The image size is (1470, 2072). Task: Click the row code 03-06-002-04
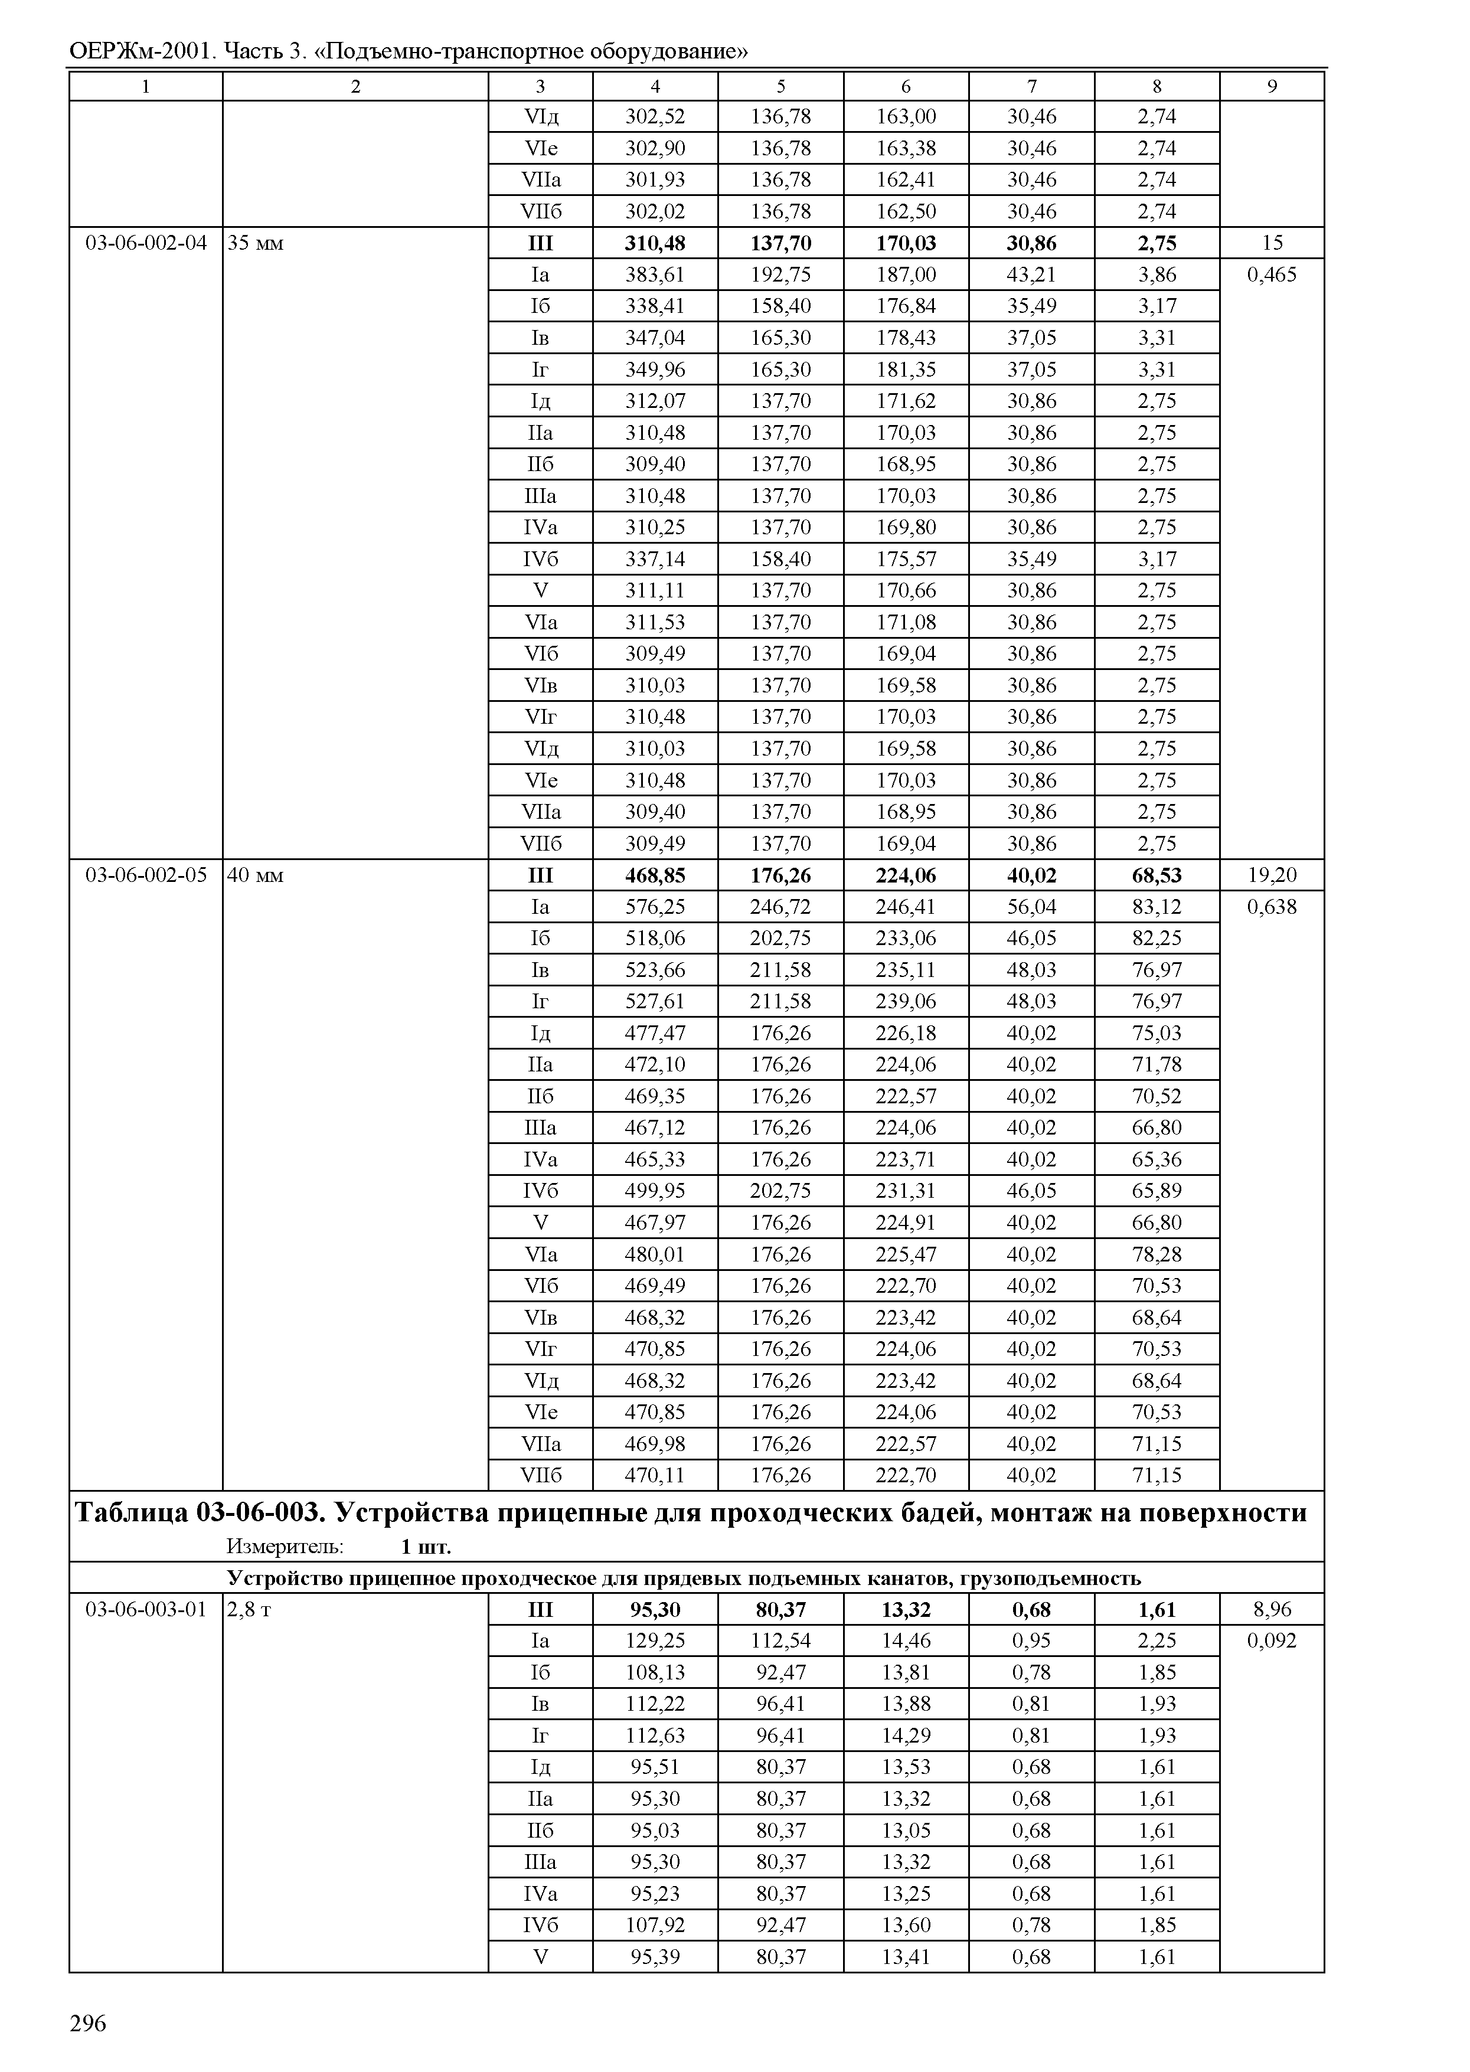[145, 243]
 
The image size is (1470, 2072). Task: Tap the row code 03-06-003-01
[145, 1609]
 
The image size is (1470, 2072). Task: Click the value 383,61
[655, 274]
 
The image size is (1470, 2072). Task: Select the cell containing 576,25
[655, 907]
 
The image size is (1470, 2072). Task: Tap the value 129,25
[655, 1640]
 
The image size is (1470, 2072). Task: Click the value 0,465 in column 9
[1271, 274]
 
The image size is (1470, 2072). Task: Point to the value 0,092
[1271, 1640]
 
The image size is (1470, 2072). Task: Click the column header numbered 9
[1271, 86]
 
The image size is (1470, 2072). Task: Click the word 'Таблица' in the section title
[130, 1512]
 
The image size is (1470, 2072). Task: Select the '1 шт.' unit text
[426, 1547]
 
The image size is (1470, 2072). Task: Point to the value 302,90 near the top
[655, 148]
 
